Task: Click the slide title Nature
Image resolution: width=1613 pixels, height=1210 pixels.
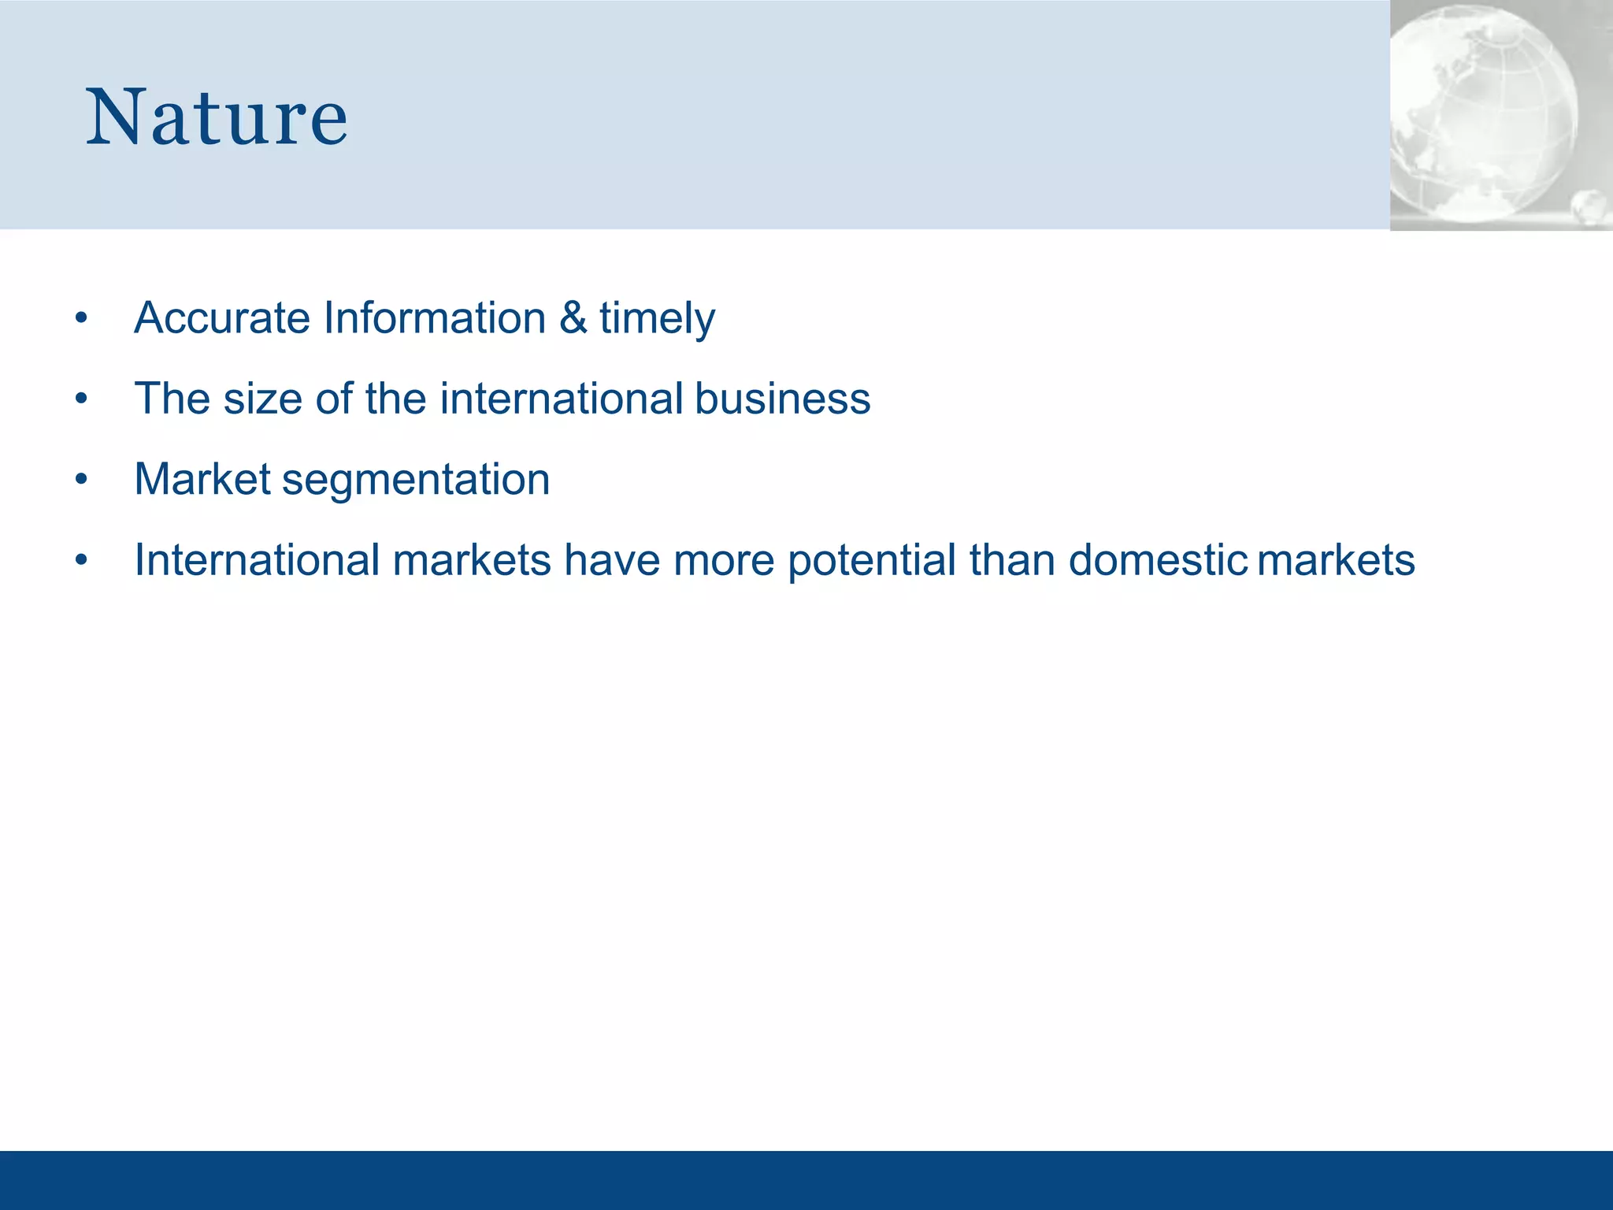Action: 217,118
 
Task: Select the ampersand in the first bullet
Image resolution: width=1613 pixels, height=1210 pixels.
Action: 573,318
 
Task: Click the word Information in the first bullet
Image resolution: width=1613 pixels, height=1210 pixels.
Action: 434,318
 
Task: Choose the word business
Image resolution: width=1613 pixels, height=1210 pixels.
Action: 782,399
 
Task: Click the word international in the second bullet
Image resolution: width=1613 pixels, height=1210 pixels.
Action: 561,399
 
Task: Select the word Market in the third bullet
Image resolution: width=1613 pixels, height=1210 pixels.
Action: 202,479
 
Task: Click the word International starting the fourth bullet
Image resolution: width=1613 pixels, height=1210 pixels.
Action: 257,560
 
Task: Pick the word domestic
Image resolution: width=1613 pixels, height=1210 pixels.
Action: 1158,560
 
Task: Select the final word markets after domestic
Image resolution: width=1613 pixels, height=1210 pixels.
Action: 1336,560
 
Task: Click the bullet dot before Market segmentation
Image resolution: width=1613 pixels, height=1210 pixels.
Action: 81,480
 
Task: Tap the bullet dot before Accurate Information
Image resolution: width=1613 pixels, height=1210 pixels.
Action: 81,319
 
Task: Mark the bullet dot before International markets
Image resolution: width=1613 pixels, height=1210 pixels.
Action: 81,561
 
